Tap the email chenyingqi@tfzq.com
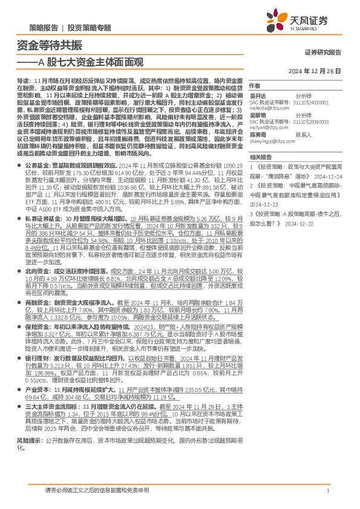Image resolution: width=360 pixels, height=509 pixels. click(272, 141)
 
